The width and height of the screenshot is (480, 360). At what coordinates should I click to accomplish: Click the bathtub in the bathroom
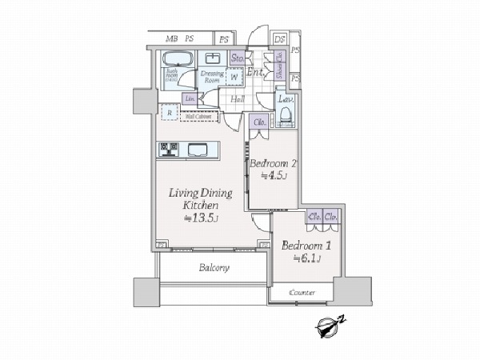[176, 61]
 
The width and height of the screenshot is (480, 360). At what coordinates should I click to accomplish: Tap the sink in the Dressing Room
[212, 58]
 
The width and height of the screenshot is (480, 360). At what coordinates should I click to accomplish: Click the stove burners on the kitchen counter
[170, 148]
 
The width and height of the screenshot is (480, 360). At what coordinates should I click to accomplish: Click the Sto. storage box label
[238, 58]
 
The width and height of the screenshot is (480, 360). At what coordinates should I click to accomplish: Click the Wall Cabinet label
[198, 116]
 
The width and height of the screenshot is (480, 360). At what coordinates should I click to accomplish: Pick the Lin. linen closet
[190, 98]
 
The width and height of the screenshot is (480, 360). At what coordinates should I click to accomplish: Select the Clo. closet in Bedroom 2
[260, 123]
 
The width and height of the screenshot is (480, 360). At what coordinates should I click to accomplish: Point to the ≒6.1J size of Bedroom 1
[307, 258]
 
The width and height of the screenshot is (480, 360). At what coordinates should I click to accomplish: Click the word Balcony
[214, 268]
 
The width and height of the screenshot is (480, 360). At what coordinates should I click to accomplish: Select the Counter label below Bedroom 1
[302, 293]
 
